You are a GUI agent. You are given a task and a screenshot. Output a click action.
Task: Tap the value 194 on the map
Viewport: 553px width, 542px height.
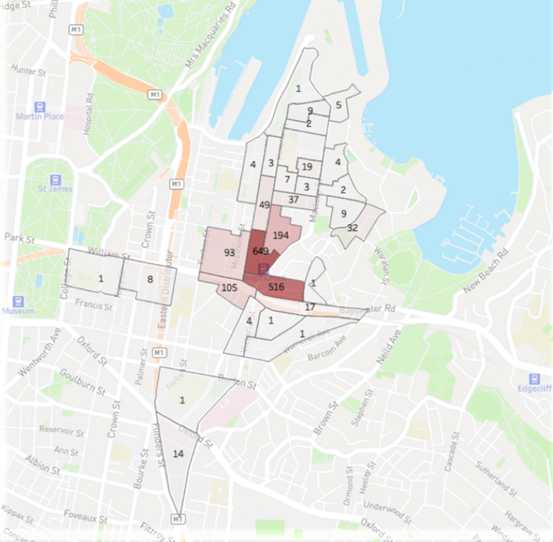[x=281, y=236]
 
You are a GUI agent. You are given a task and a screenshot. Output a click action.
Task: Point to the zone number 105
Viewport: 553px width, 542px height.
[x=229, y=288]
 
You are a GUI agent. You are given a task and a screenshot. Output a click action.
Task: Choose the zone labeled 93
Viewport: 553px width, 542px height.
[x=229, y=253]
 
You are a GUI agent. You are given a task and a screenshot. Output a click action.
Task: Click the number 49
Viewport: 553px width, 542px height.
[x=264, y=205]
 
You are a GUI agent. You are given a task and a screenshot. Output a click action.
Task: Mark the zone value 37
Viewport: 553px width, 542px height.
[x=294, y=199]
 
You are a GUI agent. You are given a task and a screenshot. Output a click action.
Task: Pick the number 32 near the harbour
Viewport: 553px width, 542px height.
[x=352, y=227]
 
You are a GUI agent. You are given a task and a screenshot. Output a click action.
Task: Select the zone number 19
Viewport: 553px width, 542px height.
[x=307, y=166]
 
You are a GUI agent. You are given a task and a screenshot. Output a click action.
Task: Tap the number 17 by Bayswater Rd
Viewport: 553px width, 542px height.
[x=310, y=307]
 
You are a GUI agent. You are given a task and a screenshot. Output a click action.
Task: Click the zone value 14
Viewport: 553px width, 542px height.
[x=178, y=454]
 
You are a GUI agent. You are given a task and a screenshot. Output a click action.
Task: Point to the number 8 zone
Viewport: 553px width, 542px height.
[x=150, y=279]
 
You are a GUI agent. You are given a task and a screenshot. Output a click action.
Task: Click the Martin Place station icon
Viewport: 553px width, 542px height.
[x=39, y=106]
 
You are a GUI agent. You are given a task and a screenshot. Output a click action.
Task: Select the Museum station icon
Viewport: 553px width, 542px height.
[x=19, y=301]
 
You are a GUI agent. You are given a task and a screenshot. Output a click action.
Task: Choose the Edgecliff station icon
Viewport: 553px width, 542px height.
[x=534, y=379]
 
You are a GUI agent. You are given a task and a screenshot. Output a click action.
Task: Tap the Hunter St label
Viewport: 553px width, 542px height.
[x=28, y=72]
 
